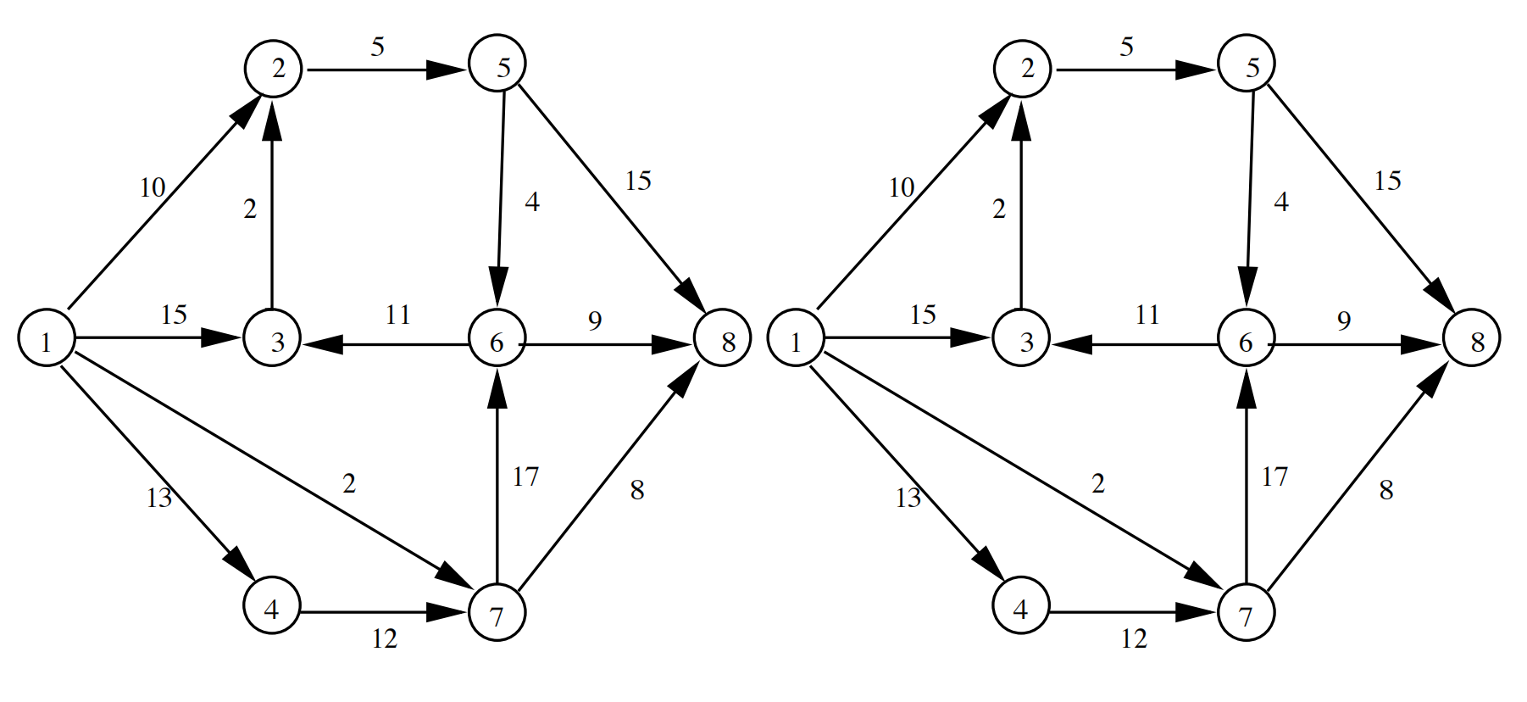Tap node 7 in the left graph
click(497, 613)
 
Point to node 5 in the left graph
click(497, 64)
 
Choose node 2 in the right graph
click(1022, 69)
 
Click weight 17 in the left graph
click(525, 477)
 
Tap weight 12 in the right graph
click(1133, 638)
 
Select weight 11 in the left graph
click(397, 315)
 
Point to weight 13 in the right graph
click(908, 498)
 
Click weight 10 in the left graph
click(153, 187)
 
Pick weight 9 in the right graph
click(1343, 320)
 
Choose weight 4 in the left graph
click(531, 202)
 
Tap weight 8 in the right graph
click(1385, 490)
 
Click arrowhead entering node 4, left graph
click(238, 563)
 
